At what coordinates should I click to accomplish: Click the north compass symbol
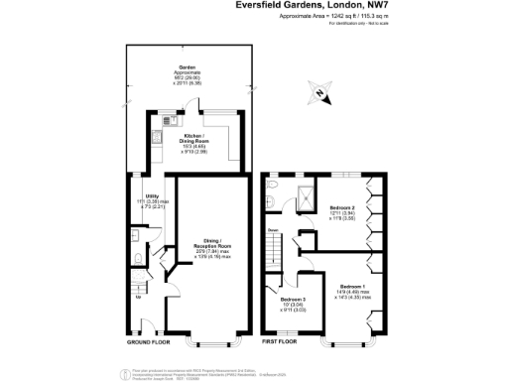click(x=319, y=95)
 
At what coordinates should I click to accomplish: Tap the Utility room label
click(x=151, y=196)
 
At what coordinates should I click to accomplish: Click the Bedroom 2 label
click(x=342, y=208)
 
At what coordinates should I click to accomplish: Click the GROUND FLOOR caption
click(x=148, y=341)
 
